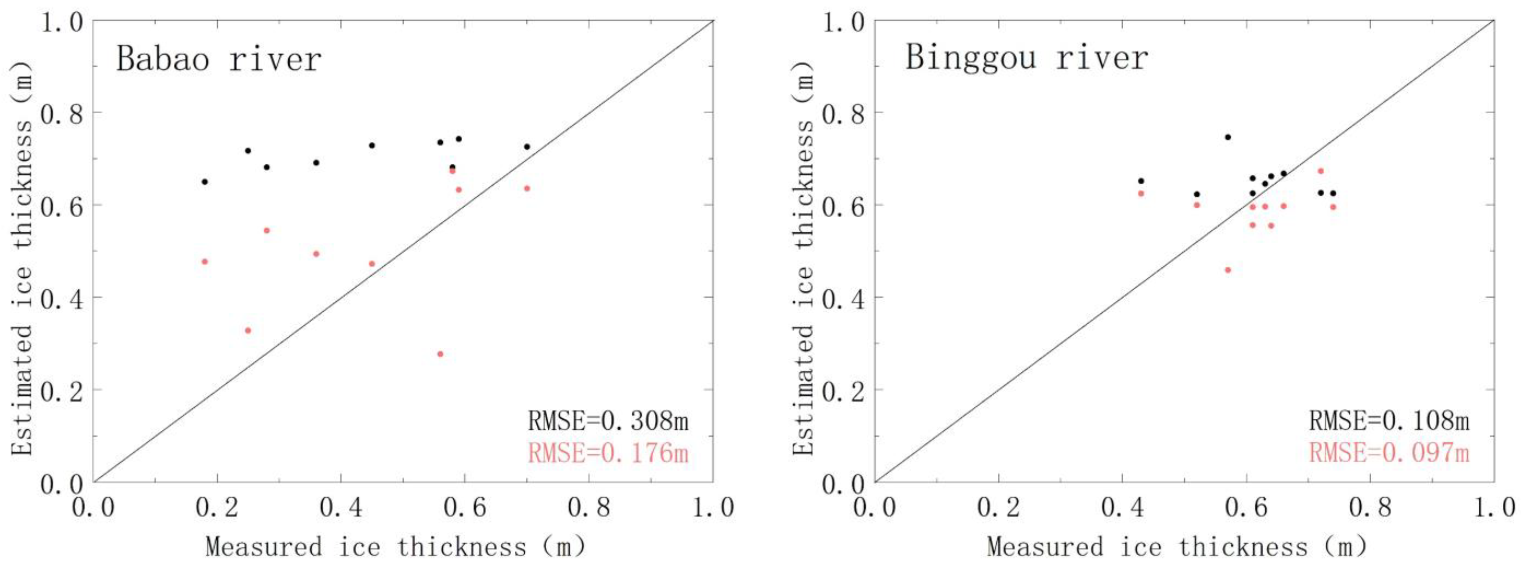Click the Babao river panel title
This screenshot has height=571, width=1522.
(x=218, y=59)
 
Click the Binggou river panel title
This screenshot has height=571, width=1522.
(x=1026, y=58)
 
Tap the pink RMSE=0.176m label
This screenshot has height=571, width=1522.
(x=608, y=453)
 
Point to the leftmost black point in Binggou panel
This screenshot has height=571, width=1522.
(x=1141, y=181)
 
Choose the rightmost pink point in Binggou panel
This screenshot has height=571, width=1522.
(x=1333, y=207)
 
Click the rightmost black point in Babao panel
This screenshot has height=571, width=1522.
(x=527, y=146)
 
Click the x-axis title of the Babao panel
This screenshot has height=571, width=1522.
(x=395, y=546)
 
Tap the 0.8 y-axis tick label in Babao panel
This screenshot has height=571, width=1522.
(x=62, y=112)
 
